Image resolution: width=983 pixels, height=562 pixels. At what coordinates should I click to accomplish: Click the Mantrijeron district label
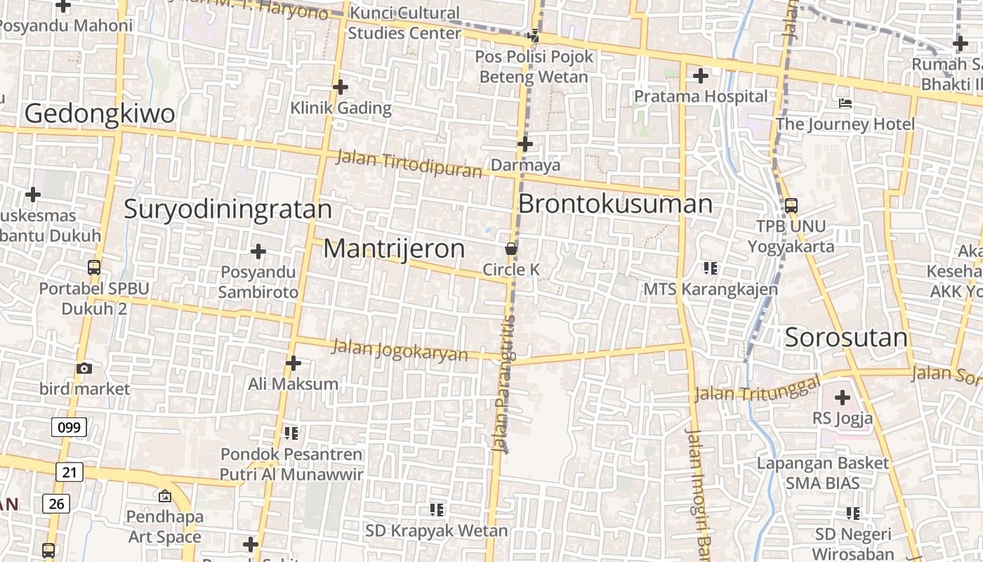tap(394, 249)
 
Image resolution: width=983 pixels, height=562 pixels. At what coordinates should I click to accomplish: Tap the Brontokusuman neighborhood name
tap(615, 204)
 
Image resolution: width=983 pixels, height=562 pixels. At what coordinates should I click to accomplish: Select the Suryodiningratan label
tap(227, 209)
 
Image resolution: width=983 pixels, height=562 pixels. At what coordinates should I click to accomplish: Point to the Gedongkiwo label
tap(100, 114)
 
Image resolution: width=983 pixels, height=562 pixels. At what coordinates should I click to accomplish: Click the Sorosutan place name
tap(846, 338)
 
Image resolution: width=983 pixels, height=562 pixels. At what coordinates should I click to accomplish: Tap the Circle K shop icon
tap(511, 249)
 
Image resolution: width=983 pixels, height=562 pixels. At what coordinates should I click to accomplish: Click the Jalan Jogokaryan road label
tap(400, 349)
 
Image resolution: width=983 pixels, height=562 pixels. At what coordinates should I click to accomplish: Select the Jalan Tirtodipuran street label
tap(409, 164)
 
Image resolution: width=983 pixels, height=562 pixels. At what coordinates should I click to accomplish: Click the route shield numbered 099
tap(69, 426)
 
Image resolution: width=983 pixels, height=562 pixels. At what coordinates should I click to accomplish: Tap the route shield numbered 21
tap(69, 472)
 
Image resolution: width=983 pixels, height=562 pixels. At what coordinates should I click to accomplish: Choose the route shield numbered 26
tap(56, 503)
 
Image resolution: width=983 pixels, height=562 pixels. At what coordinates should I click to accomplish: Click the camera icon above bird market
tap(84, 368)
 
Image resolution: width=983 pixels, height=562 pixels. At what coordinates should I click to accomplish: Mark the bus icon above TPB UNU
tap(791, 206)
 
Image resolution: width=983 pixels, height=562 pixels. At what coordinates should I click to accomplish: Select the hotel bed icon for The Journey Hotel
tap(845, 103)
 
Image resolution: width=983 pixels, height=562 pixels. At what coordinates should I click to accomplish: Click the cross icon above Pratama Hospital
tap(700, 76)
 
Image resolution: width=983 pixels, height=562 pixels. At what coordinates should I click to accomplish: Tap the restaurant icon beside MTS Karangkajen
tap(711, 268)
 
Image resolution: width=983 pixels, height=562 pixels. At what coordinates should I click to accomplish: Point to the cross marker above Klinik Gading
tap(341, 87)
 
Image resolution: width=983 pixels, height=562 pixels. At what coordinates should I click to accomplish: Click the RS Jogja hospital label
tap(843, 419)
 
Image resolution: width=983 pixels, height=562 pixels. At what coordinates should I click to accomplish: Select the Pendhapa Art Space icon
tap(164, 496)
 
